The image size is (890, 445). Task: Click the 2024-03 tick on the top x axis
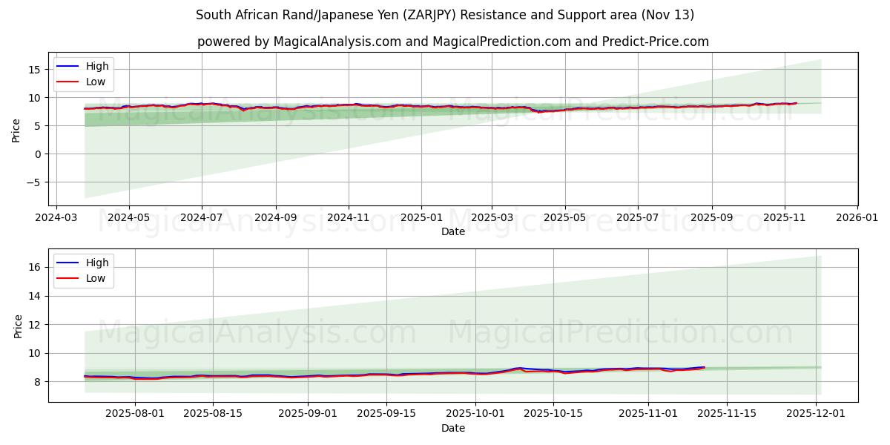point(56,219)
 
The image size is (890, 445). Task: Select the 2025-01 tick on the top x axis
point(421,219)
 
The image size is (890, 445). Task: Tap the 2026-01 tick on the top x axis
point(857,219)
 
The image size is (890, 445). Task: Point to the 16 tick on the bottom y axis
point(38,267)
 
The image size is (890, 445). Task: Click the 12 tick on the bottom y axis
point(38,325)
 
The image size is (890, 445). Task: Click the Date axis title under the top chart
point(453,231)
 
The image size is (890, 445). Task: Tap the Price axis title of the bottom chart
point(19,326)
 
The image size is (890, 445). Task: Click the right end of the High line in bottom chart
point(704,366)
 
